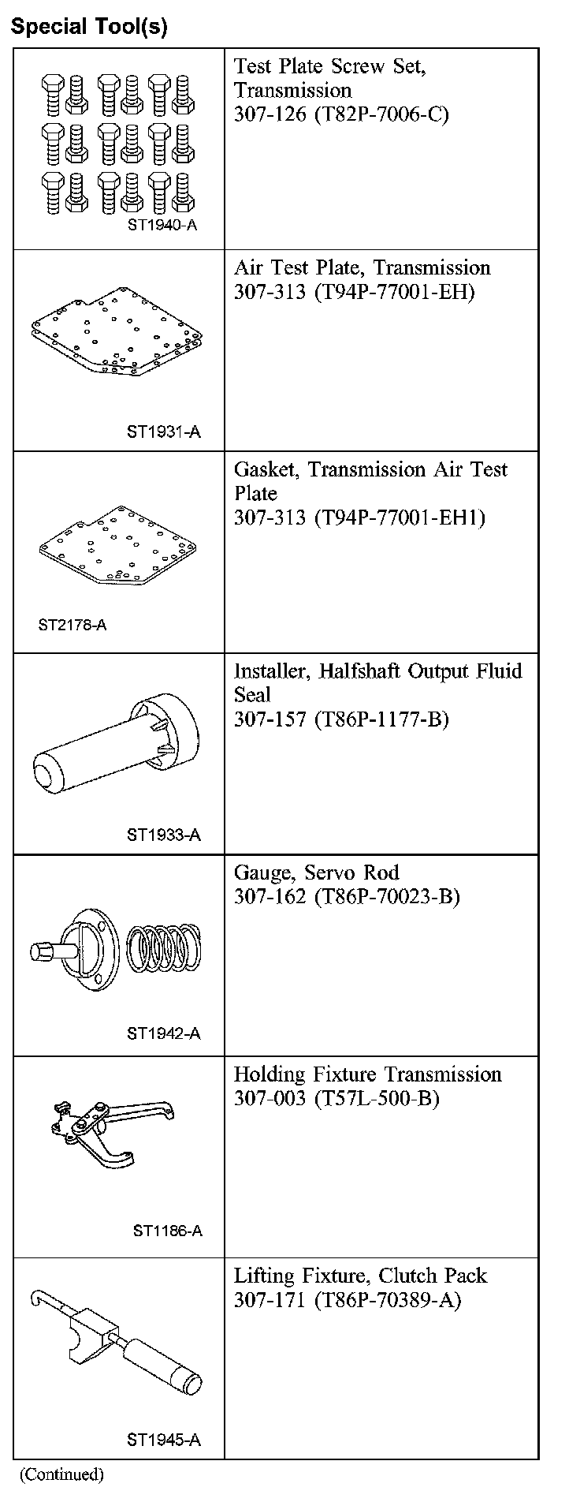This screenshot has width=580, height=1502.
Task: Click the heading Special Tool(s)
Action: (x=89, y=26)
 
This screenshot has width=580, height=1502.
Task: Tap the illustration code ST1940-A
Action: (x=162, y=225)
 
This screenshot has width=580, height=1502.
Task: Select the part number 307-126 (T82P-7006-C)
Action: (x=340, y=114)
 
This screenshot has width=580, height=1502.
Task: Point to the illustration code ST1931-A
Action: (x=164, y=432)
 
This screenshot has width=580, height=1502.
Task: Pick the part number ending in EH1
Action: (x=359, y=517)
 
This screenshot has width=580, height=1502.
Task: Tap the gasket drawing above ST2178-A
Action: (x=117, y=544)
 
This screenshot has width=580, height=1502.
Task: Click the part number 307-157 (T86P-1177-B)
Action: (x=340, y=719)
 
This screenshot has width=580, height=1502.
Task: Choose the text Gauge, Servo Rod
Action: (x=316, y=872)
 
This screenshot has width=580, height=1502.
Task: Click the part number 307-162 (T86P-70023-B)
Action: (x=346, y=897)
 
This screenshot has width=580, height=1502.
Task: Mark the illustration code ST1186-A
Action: (x=167, y=1231)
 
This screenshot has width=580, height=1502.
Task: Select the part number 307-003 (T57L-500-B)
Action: (x=336, y=1099)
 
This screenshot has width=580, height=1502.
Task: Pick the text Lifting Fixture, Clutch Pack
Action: (x=360, y=1276)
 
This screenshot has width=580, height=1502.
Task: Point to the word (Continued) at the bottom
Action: (x=61, y=1474)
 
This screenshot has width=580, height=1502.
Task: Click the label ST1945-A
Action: (x=164, y=1440)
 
